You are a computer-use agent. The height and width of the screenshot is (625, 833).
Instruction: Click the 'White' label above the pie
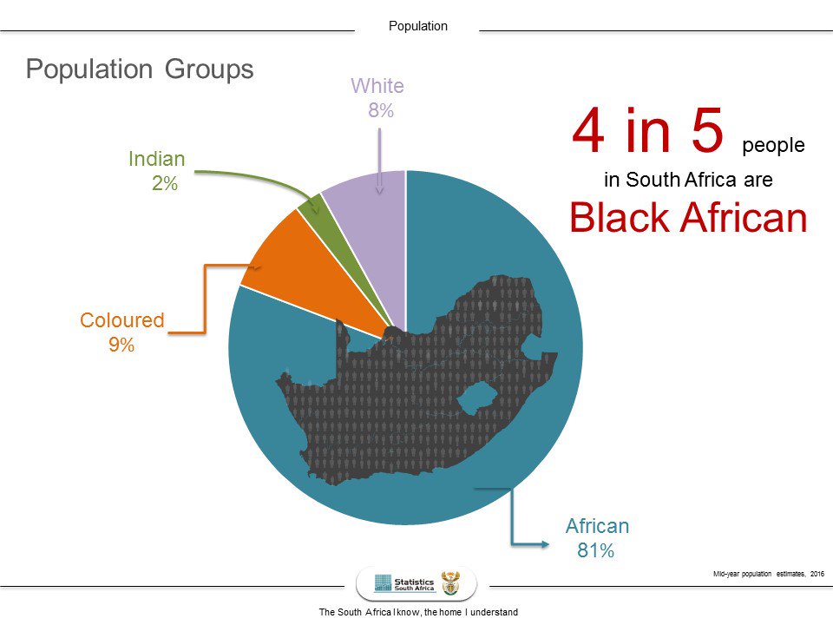click(377, 86)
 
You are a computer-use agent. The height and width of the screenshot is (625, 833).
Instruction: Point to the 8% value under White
click(380, 110)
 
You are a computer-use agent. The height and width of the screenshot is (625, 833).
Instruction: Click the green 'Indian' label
click(157, 159)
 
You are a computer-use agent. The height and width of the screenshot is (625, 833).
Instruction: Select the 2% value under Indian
click(164, 183)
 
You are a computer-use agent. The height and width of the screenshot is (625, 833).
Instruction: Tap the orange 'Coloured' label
click(121, 320)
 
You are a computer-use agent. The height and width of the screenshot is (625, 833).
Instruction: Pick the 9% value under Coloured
click(121, 345)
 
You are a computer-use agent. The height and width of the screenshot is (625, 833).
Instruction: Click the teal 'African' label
click(597, 526)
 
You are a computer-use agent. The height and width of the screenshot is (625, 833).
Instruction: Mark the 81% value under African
click(595, 550)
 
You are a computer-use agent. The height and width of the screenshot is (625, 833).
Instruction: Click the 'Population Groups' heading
click(140, 69)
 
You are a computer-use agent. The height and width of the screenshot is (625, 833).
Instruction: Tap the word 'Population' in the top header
click(418, 26)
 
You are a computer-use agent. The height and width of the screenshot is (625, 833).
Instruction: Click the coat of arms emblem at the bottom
click(450, 582)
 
